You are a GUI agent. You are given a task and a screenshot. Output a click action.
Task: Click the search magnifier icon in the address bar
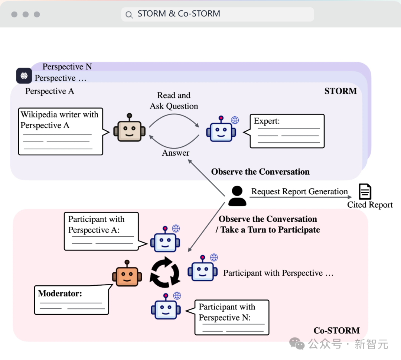pyautogui.click(x=129, y=15)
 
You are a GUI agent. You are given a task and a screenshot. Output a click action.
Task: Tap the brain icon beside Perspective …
pyautogui.click(x=24, y=76)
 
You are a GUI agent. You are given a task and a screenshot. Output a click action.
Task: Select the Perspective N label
pyautogui.click(x=67, y=67)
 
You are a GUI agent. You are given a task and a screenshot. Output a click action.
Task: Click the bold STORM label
pyautogui.click(x=340, y=91)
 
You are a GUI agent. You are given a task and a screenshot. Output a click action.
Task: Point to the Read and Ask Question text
pyautogui.click(x=174, y=101)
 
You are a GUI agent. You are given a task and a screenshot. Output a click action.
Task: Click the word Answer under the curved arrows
pyautogui.click(x=176, y=153)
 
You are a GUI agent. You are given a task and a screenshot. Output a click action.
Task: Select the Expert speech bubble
pyautogui.click(x=287, y=131)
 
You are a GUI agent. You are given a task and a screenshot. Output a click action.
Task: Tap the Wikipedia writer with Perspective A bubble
pyautogui.click(x=61, y=131)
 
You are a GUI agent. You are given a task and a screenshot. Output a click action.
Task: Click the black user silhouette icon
pyautogui.click(x=237, y=196)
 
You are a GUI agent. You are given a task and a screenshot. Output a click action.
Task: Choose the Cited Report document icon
pyautogui.click(x=365, y=192)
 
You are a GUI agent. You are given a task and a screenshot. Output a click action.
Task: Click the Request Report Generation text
pyautogui.click(x=299, y=192)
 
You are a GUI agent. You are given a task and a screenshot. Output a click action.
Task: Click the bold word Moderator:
pyautogui.click(x=60, y=293)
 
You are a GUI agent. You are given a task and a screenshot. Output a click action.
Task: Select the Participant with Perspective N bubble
pyautogui.click(x=232, y=317)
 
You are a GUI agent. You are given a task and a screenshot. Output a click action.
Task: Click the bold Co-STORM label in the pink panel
pyautogui.click(x=336, y=330)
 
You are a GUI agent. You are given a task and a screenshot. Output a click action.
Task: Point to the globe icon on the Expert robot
pyautogui.click(x=235, y=120)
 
